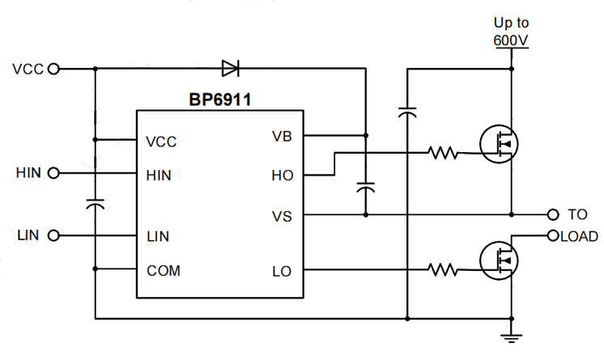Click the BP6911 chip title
click(220, 101)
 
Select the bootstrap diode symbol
click(230, 68)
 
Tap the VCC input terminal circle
click(53, 69)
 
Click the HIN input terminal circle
click(53, 172)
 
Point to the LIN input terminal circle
click(53, 236)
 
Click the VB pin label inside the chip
click(282, 135)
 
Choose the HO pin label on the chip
click(282, 174)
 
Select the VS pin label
click(282, 216)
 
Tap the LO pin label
click(282, 271)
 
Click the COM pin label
click(164, 270)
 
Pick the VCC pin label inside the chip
click(161, 142)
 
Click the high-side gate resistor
click(444, 151)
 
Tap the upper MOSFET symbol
click(499, 144)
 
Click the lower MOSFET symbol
click(499, 259)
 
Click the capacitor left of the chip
click(96, 203)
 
